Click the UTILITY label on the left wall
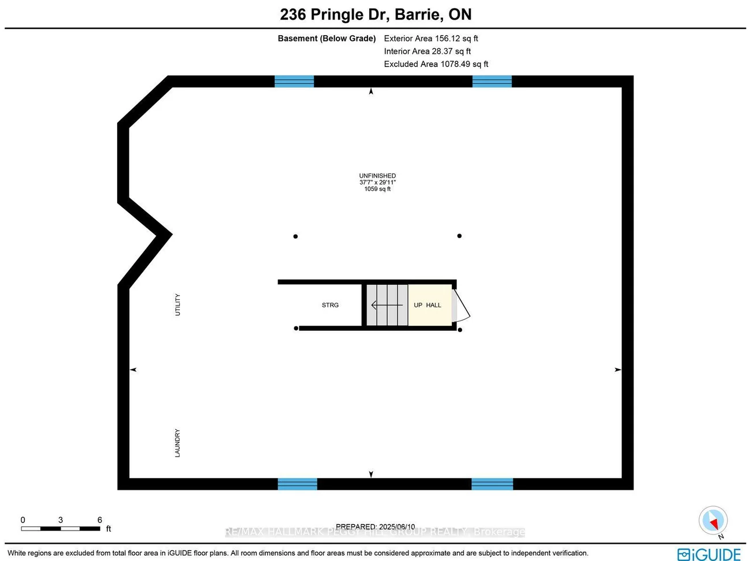pos(178,304)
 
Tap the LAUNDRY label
pos(178,443)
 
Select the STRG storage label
pos(330,305)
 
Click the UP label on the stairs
pos(418,305)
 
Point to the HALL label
pos(433,305)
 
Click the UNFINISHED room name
pos(377,176)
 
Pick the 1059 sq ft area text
pos(377,189)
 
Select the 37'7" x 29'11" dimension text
pos(377,182)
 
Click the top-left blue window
pos(294,81)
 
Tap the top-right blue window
pos(492,81)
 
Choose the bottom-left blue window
pos(297,484)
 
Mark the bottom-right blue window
pos(492,484)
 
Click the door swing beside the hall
pos(462,306)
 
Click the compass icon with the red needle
pos(713,521)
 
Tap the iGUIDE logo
pos(709,554)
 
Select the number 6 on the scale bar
pos(100,520)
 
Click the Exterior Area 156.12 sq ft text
pos(431,39)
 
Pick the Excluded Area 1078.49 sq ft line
pos(436,64)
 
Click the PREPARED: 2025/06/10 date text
pos(375,526)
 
